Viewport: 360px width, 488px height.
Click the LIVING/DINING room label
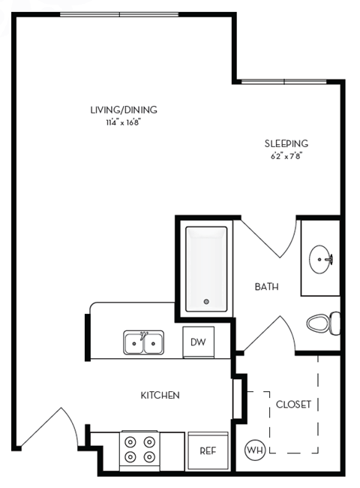click(124, 110)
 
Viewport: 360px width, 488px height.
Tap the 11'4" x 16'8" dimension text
click(124, 122)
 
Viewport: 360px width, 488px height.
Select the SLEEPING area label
click(286, 144)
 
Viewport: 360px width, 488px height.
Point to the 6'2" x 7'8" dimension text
click(286, 156)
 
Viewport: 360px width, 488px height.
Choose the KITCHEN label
click(160, 395)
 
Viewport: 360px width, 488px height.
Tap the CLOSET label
click(293, 404)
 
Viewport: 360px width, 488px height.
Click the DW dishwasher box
click(198, 342)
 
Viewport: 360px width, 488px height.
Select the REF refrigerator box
click(208, 450)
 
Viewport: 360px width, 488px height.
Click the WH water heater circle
click(254, 450)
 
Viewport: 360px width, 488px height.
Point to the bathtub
click(206, 267)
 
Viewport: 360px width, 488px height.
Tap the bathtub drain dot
click(207, 302)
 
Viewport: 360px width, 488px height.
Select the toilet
click(323, 324)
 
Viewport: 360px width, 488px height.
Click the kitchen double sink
click(144, 343)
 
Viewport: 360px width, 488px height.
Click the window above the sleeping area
click(289, 80)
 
